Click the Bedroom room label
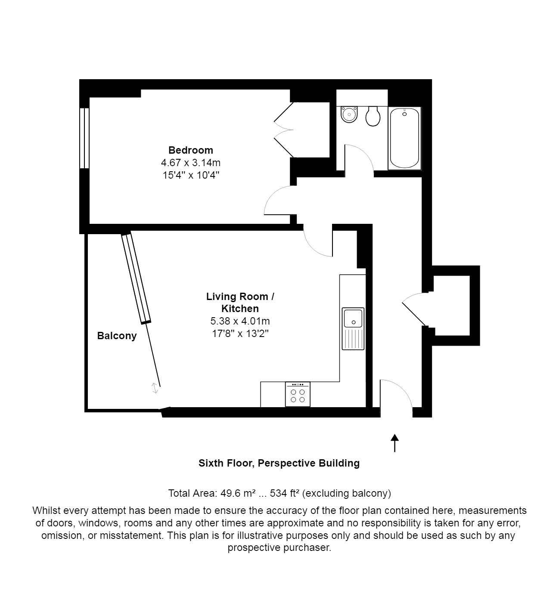point(190,150)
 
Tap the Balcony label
point(117,336)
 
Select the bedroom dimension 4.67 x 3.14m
point(190,163)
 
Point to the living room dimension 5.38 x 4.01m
point(240,321)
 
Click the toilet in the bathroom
point(373,116)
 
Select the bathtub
point(404,138)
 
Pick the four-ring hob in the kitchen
point(298,394)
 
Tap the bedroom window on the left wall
point(84,138)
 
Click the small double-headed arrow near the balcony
point(155,388)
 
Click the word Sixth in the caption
point(211,463)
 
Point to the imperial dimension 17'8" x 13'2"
point(240,333)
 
